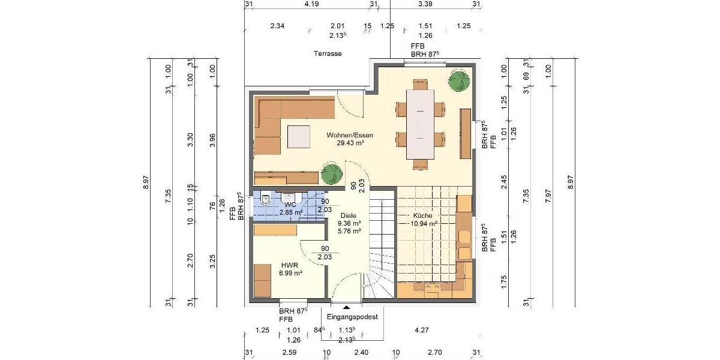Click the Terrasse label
[x=328, y=53]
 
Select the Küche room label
[x=422, y=215]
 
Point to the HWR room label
[x=290, y=265]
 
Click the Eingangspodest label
[x=353, y=317]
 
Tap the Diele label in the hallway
[x=349, y=215]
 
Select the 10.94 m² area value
[x=423, y=223]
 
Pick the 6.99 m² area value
[x=290, y=273]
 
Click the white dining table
[x=420, y=124]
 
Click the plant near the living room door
[x=331, y=173]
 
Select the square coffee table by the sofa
[x=298, y=136]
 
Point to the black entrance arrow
[x=346, y=307]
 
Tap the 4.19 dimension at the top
[x=311, y=4]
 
